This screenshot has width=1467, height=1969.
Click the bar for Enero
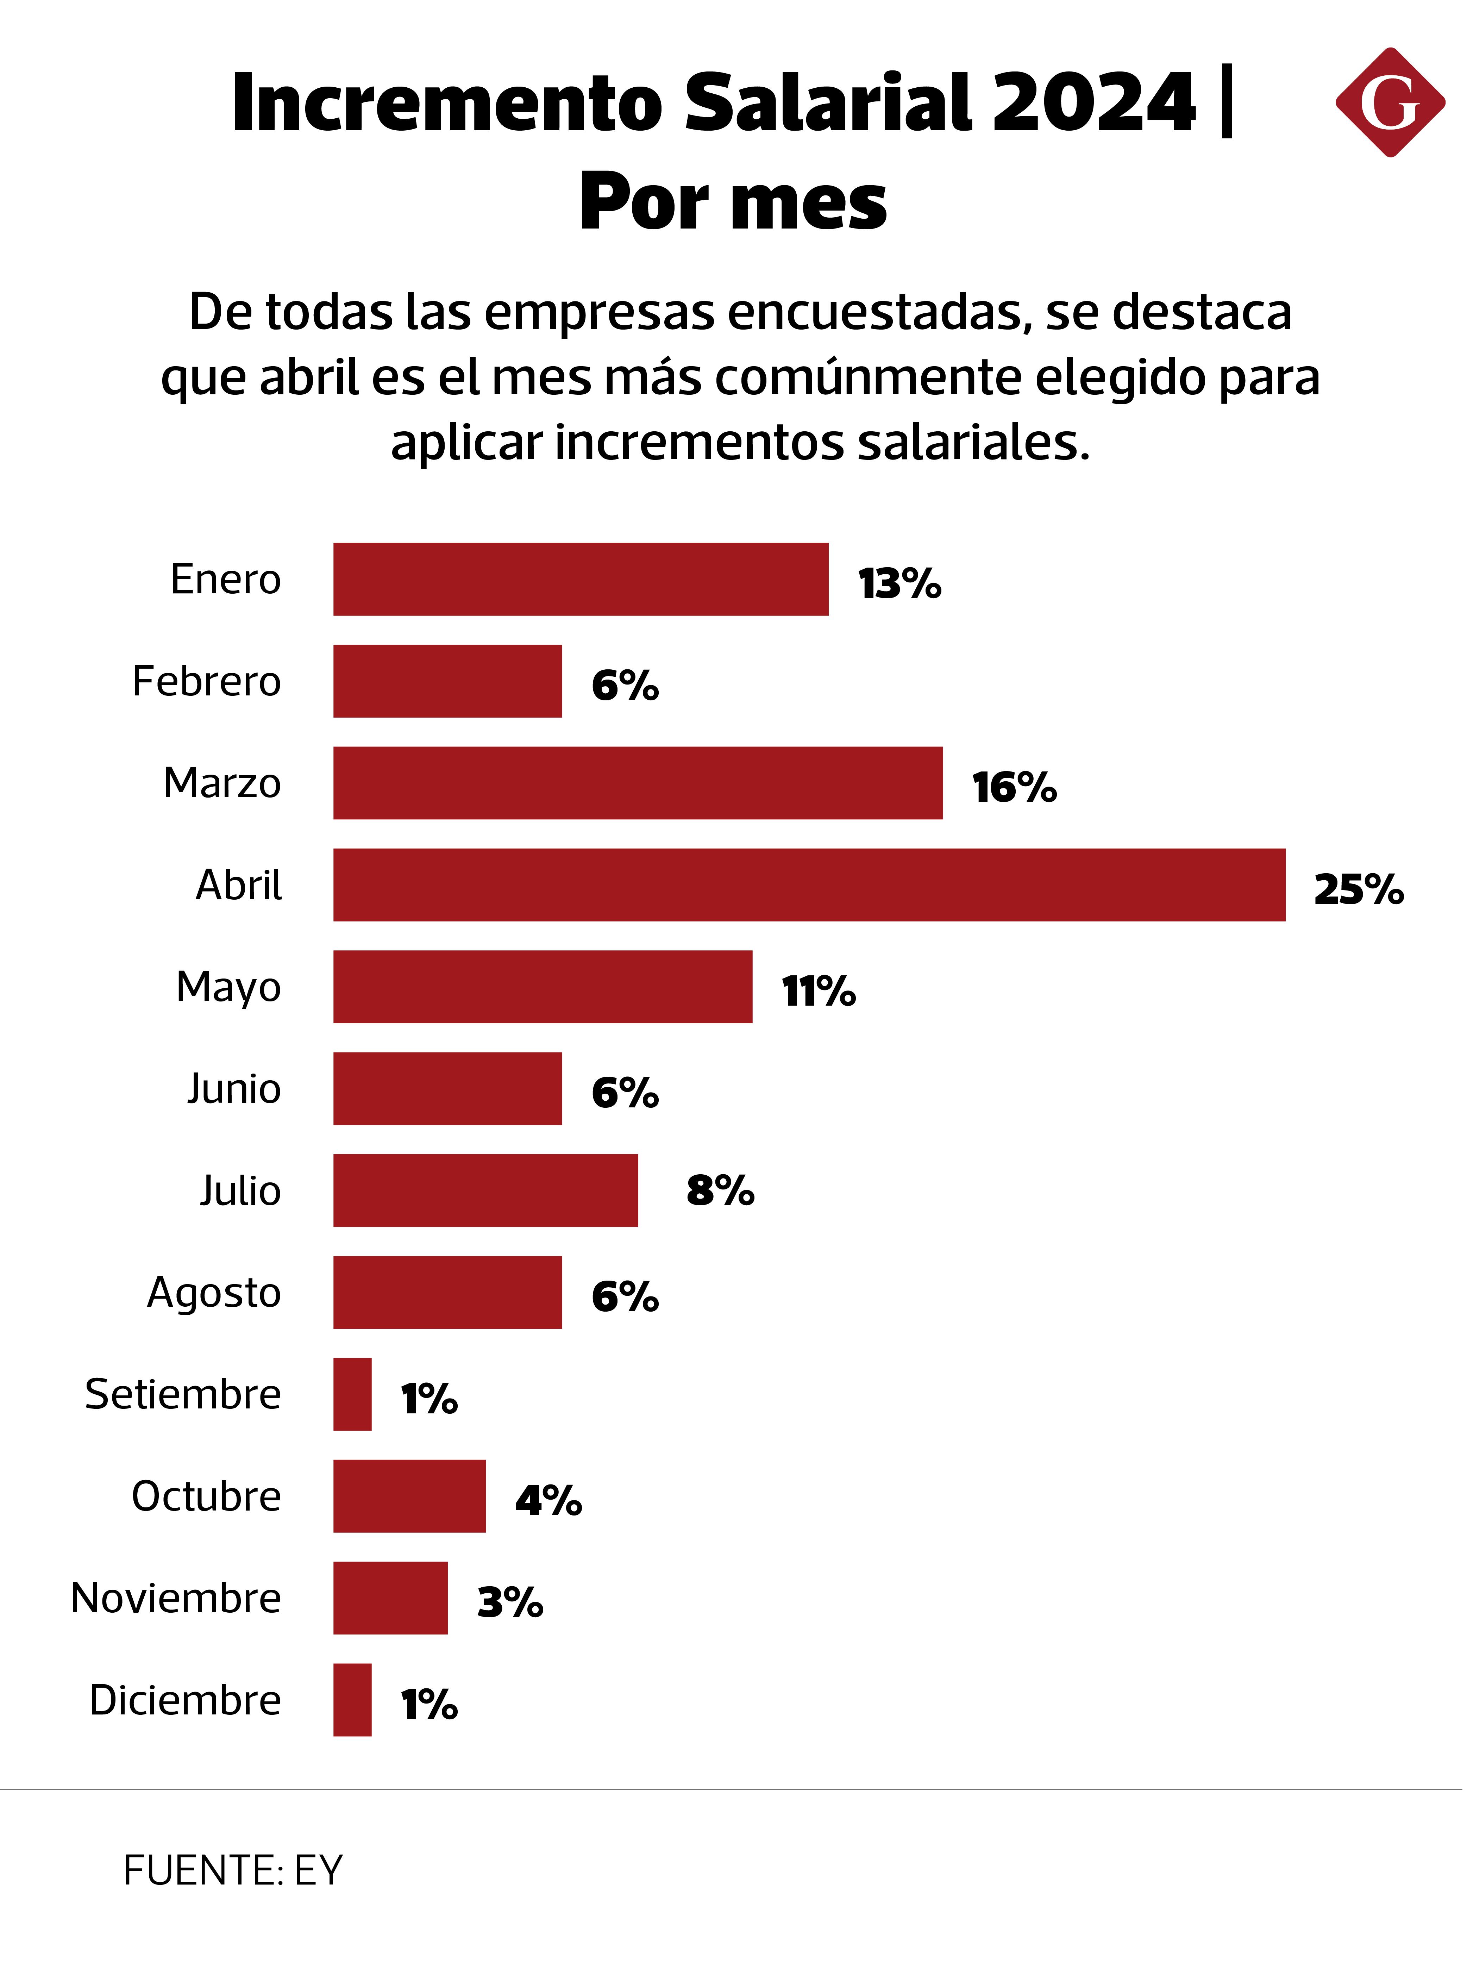[x=581, y=579]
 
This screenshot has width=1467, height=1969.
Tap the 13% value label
[x=899, y=583]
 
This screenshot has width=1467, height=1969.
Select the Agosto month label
[x=214, y=1292]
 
